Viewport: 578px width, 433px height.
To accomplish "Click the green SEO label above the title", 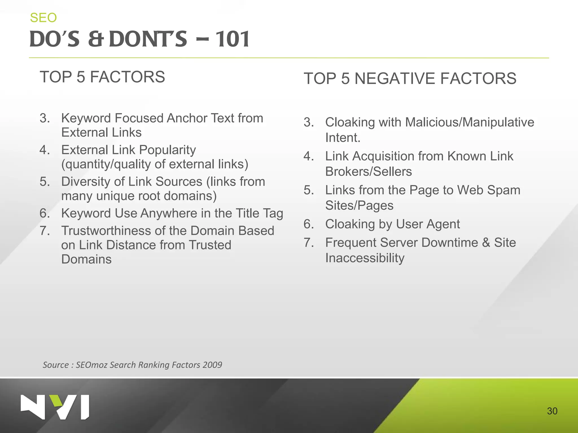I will [43, 18].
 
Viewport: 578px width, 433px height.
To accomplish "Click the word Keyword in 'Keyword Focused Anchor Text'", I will [86, 118].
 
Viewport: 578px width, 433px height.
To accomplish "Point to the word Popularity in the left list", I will [167, 150].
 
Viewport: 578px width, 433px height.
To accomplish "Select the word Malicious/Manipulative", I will [469, 122].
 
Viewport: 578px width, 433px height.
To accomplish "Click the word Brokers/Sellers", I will [368, 171].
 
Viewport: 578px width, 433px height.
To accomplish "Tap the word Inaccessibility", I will [365, 258].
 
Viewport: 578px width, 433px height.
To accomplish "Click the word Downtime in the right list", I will [451, 242].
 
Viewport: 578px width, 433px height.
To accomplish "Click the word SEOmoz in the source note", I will [91, 365].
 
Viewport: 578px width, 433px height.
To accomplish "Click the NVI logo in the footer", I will [55, 407].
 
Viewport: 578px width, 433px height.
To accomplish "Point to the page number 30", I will [552, 411].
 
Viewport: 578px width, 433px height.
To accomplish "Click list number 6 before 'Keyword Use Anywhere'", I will [45, 213].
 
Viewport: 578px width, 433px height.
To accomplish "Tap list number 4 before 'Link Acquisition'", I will [308, 156].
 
